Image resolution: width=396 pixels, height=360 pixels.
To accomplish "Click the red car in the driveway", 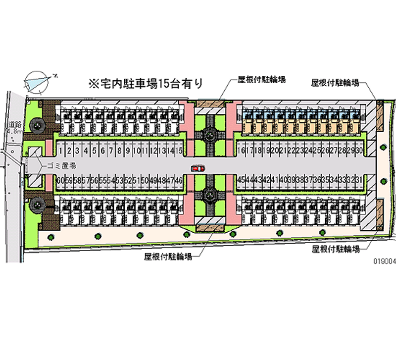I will [198, 168].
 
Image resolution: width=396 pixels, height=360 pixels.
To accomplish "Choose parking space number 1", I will [61, 150].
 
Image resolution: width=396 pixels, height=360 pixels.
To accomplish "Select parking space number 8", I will [120, 150].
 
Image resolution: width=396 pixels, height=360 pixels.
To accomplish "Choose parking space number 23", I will [300, 150].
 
